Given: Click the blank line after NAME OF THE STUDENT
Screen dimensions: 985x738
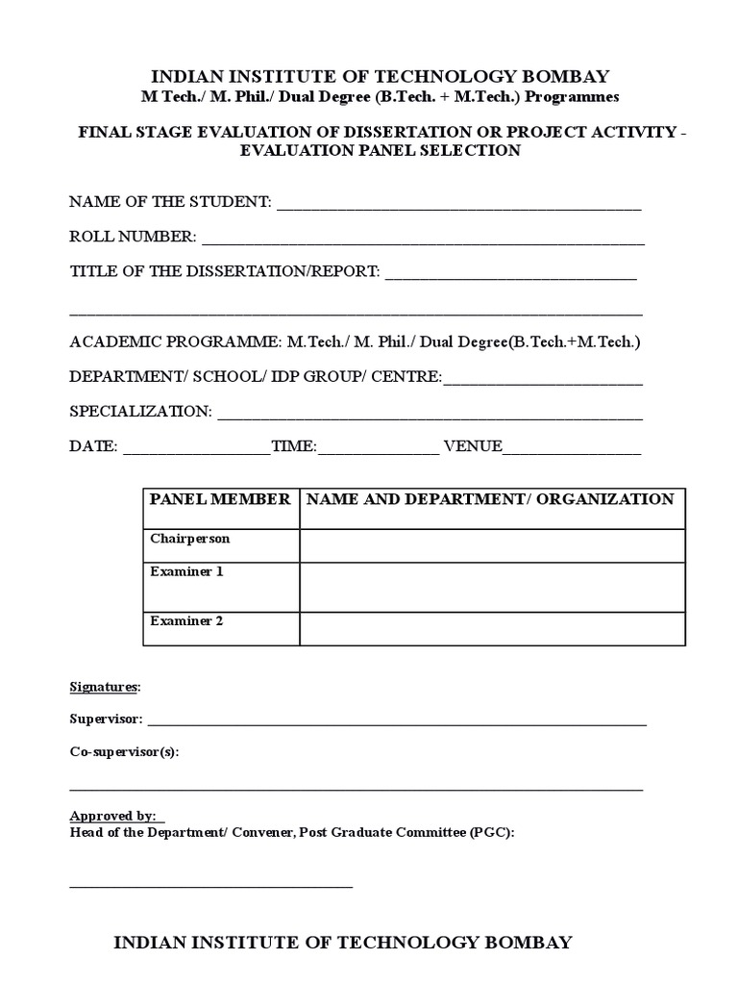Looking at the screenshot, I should [x=458, y=207].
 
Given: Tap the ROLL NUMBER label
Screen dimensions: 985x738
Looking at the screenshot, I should [x=133, y=237].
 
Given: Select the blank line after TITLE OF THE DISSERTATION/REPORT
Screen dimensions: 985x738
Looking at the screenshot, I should [x=510, y=277].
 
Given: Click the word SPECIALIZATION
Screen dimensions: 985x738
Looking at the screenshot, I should [x=140, y=412].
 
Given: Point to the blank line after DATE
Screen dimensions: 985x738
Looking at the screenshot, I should [x=197, y=451].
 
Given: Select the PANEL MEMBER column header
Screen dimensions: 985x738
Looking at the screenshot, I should [x=220, y=499].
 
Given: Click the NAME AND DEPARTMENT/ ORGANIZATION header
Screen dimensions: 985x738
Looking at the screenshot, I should [x=490, y=499].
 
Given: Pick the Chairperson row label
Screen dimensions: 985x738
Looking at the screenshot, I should [x=190, y=539].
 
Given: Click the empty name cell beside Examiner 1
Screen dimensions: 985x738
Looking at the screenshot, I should [x=492, y=587].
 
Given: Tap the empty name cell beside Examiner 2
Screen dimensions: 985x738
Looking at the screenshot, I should [x=492, y=628].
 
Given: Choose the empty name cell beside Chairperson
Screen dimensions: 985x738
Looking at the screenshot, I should [x=492, y=545].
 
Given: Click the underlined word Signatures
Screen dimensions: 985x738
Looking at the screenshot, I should [x=104, y=687].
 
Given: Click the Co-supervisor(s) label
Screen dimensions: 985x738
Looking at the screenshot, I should [x=124, y=752].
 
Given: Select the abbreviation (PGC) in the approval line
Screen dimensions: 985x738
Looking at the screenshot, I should [x=492, y=832].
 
